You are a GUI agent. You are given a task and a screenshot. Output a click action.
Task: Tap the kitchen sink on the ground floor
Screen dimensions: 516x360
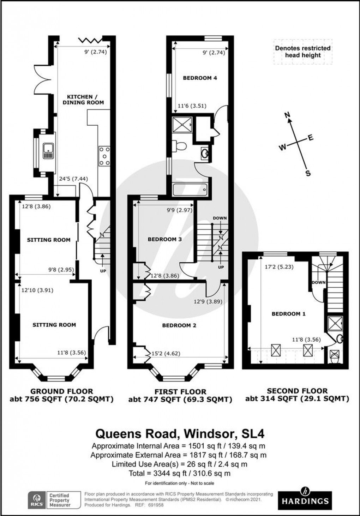(x=48, y=151)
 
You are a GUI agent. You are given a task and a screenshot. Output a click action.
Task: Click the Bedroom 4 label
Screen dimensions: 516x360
(x=200, y=78)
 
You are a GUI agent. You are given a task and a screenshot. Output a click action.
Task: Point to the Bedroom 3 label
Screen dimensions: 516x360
(x=164, y=239)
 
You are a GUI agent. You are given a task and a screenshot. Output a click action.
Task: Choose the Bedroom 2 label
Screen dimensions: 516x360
(x=179, y=325)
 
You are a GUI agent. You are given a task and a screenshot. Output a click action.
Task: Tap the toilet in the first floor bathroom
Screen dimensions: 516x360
(x=180, y=145)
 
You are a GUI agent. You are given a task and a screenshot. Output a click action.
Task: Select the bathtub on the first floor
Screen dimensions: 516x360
(x=190, y=190)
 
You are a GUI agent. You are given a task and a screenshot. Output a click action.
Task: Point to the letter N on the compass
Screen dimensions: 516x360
(x=288, y=114)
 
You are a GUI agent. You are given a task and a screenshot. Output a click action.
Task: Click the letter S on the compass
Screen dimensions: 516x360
(x=308, y=173)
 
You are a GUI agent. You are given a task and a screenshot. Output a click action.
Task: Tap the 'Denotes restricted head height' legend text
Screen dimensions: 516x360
(x=303, y=52)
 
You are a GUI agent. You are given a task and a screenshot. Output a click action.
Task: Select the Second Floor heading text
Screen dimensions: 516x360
(x=297, y=391)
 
